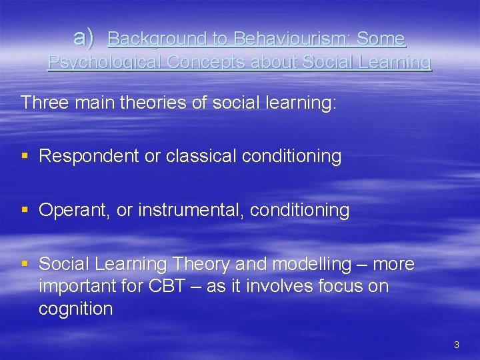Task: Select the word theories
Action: [x=138, y=103]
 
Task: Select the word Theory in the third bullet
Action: [x=201, y=265]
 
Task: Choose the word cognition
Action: [x=76, y=309]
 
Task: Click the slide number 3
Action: [x=456, y=345]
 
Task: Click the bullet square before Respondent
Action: [x=25, y=157]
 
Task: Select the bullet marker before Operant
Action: [x=25, y=211]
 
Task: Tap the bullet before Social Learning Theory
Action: [x=25, y=265]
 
